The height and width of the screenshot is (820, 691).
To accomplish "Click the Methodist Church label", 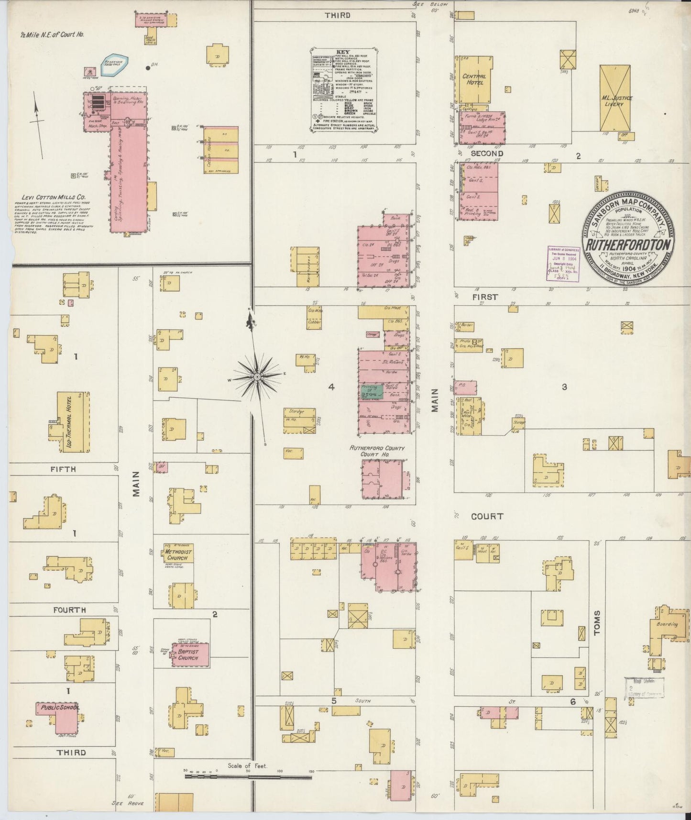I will tap(178, 554).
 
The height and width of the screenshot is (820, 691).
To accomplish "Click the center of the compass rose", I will tap(257, 377).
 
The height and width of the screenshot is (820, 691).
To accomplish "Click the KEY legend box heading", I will tap(343, 52).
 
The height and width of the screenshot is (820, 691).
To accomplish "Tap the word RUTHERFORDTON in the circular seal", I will tap(628, 244).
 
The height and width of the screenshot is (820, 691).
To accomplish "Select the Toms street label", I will tap(597, 622).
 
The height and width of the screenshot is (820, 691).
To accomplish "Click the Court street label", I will tap(487, 516).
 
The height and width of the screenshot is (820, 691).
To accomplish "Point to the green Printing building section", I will tap(372, 391).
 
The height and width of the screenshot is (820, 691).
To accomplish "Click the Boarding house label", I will tap(667, 624).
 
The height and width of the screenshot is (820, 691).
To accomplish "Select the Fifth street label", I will tap(63, 469).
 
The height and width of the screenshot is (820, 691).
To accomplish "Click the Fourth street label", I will tap(69, 610).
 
